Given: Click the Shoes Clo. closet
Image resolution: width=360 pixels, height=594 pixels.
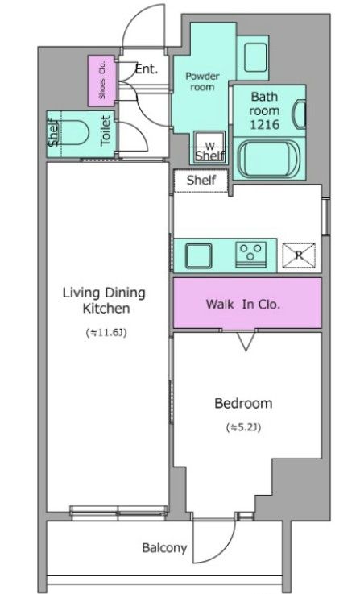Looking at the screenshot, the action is tap(101, 81).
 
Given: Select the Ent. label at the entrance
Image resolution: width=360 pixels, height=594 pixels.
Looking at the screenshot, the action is tap(146, 69).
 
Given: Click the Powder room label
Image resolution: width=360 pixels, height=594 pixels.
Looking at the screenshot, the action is tap(202, 81).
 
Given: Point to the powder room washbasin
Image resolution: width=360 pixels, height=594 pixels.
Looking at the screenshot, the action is tap(255, 57).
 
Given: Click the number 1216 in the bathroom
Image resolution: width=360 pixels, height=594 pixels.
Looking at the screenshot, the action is tap(265, 124).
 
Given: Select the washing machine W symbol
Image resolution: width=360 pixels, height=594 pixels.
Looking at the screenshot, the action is tap(209, 146).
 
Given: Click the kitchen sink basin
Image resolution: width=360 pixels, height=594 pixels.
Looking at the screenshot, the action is tap(198, 255).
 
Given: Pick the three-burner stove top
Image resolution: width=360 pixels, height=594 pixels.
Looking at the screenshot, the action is tap(250, 255).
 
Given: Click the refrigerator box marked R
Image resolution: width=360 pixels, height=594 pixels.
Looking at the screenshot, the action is tap(299, 255).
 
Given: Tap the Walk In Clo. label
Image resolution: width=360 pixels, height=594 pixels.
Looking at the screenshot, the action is tap(243, 304).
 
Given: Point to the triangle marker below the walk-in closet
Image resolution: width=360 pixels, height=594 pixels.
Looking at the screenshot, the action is tap(246, 341).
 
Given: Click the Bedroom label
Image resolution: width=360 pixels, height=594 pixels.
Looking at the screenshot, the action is tap(243, 403).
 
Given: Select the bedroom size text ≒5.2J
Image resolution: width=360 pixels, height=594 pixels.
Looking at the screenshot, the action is tap(243, 427).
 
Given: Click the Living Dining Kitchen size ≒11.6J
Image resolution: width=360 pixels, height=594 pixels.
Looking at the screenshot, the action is tap(106, 333).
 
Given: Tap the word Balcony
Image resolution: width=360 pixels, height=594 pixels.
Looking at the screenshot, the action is tap(164, 548).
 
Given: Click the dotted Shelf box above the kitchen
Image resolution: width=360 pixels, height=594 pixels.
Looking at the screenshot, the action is tap(201, 181).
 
